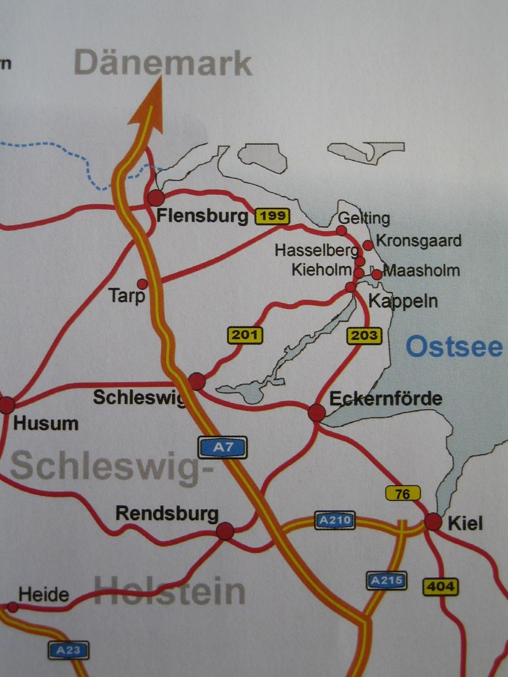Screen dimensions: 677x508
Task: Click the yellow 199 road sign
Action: click(x=272, y=216)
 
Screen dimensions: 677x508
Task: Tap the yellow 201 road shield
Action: click(x=245, y=335)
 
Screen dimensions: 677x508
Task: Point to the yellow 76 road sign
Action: click(x=403, y=493)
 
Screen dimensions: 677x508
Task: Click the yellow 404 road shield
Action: click(x=441, y=587)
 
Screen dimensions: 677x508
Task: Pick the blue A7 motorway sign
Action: click(x=223, y=447)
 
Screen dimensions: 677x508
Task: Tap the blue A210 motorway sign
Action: click(x=335, y=520)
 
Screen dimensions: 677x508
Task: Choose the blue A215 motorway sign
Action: click(x=387, y=580)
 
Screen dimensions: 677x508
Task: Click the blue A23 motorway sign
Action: click(x=68, y=650)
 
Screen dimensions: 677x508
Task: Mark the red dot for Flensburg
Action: click(x=156, y=198)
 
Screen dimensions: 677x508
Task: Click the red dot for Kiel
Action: click(x=433, y=522)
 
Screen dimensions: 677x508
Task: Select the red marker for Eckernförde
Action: click(x=316, y=413)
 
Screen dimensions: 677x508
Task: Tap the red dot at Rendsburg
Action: click(x=225, y=531)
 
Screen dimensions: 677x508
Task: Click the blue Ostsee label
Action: click(x=454, y=347)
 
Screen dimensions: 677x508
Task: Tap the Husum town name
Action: click(x=46, y=423)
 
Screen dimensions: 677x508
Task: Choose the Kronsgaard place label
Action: click(x=419, y=241)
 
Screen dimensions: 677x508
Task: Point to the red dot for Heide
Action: click(x=13, y=607)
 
